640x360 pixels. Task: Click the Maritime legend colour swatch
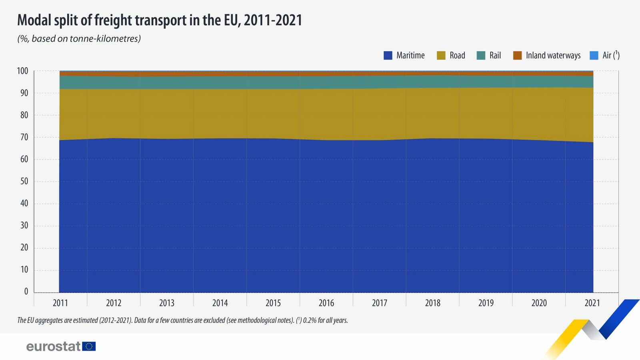tap(388, 56)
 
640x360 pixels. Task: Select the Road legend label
tap(457, 56)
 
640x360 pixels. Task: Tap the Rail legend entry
tap(495, 56)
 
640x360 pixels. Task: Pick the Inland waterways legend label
tap(553, 56)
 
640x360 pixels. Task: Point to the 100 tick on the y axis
tap(22, 71)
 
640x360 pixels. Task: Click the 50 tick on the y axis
tap(24, 181)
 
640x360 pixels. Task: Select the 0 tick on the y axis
tap(26, 292)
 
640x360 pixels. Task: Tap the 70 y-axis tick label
tap(24, 137)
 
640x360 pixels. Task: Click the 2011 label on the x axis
tap(60, 303)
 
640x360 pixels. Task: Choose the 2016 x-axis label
tap(326, 303)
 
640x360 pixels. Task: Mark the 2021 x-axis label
tap(592, 303)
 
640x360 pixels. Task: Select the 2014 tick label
tap(220, 303)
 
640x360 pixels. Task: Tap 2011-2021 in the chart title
tap(273, 20)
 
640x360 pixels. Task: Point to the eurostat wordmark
tap(53, 346)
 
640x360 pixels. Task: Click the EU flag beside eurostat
tap(89, 346)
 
